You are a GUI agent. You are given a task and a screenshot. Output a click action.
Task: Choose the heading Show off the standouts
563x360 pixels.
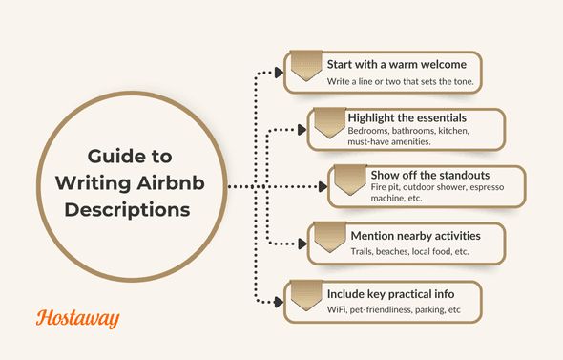[428, 176]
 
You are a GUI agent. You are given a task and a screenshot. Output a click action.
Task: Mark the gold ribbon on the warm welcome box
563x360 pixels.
[305, 66]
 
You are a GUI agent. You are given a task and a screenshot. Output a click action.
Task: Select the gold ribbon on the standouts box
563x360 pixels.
[349, 179]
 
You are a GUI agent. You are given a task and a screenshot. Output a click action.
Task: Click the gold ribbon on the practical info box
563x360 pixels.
[305, 295]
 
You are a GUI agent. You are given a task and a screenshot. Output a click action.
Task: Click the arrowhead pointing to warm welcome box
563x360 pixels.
[279, 72]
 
